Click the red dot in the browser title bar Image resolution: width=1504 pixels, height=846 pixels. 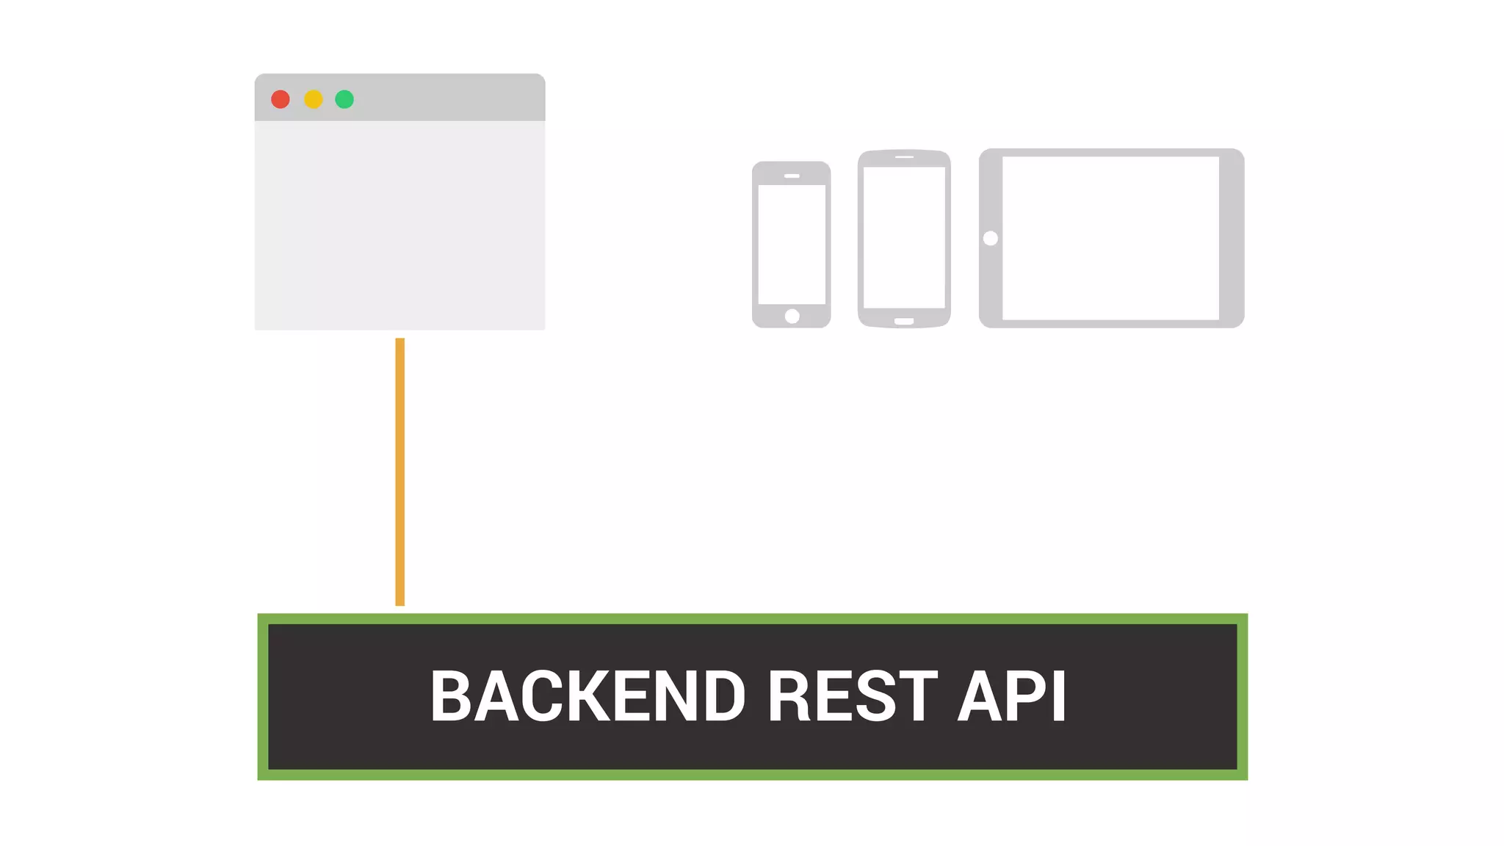pyautogui.click(x=280, y=99)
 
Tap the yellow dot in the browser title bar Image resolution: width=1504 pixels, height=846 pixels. pyautogui.click(x=314, y=99)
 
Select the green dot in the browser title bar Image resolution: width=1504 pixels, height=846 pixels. pyautogui.click(x=344, y=99)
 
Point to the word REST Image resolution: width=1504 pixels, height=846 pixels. pyautogui.click(x=852, y=695)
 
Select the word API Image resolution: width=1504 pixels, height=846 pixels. pyautogui.click(x=1012, y=695)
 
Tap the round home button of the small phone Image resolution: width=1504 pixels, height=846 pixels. pyautogui.click(x=792, y=317)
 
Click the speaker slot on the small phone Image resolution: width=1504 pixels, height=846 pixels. pyautogui.click(x=792, y=176)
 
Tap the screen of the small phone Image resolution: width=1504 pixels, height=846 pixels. pyautogui.click(x=792, y=244)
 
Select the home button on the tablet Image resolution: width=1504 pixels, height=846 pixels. pyautogui.click(x=990, y=238)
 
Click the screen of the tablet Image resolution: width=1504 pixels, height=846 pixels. pyautogui.click(x=1110, y=238)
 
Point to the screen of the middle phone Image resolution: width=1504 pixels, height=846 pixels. pyautogui.click(x=904, y=237)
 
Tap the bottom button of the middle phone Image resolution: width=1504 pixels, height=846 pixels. pyautogui.click(x=904, y=321)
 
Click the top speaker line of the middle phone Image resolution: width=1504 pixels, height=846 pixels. pyautogui.click(x=904, y=156)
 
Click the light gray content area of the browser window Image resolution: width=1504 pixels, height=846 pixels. pyautogui.click(x=399, y=225)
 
